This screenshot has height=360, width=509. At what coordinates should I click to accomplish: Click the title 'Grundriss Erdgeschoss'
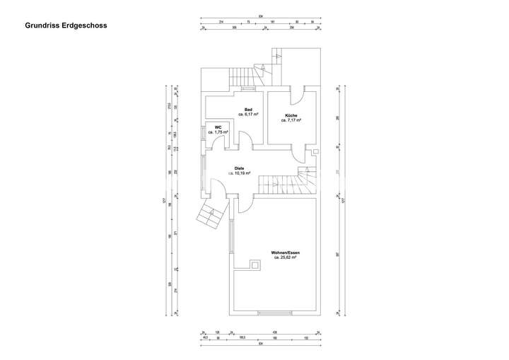tap(66, 25)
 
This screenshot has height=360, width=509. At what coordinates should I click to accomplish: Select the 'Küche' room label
tap(291, 115)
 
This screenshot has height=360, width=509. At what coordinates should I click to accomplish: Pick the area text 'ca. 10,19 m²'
tap(230, 173)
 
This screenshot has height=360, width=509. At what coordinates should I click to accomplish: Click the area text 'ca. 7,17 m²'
tap(291, 120)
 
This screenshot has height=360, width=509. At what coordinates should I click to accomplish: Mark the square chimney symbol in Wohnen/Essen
tap(254, 266)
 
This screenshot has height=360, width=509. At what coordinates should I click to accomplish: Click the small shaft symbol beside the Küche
tap(315, 151)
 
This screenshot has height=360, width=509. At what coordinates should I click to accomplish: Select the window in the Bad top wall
tap(249, 89)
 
